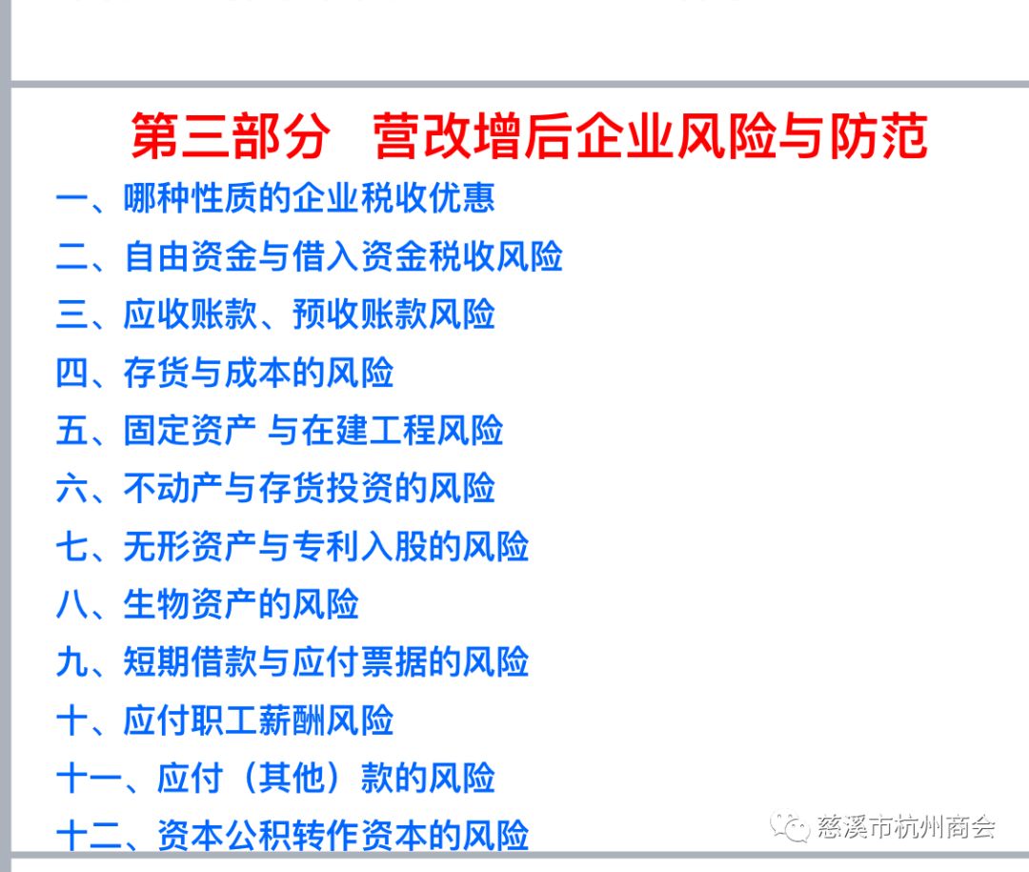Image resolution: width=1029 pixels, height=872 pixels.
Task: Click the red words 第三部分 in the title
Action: (230, 136)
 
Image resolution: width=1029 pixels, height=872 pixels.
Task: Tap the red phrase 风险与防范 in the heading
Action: (802, 136)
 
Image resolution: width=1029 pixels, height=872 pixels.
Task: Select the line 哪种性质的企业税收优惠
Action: (309, 197)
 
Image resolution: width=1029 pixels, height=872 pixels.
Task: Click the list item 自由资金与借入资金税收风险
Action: (343, 256)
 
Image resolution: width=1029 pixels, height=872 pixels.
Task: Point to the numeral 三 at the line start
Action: (71, 314)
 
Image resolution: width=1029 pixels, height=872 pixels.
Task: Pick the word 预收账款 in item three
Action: (359, 314)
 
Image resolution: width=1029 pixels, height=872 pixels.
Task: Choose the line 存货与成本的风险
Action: (258, 373)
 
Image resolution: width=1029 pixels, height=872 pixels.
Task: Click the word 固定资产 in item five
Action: (191, 430)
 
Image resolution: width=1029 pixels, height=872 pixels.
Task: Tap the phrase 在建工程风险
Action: (402, 430)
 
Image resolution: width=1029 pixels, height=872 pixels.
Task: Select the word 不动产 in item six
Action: (174, 488)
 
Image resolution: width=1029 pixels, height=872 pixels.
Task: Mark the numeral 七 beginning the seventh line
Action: (71, 546)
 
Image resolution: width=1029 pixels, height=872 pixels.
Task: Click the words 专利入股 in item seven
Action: (359, 546)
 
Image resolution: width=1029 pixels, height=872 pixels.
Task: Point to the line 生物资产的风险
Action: (241, 604)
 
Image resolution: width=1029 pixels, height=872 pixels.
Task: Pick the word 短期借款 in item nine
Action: (191, 662)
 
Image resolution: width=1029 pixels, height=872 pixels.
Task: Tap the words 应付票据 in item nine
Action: (359, 662)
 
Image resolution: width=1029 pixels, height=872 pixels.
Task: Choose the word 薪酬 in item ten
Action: (293, 720)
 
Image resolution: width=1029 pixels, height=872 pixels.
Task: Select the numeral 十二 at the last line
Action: (89, 836)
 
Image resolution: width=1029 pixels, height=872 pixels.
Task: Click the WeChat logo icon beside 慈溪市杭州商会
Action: (790, 826)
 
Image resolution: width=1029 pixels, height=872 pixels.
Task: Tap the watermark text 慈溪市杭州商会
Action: (906, 826)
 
